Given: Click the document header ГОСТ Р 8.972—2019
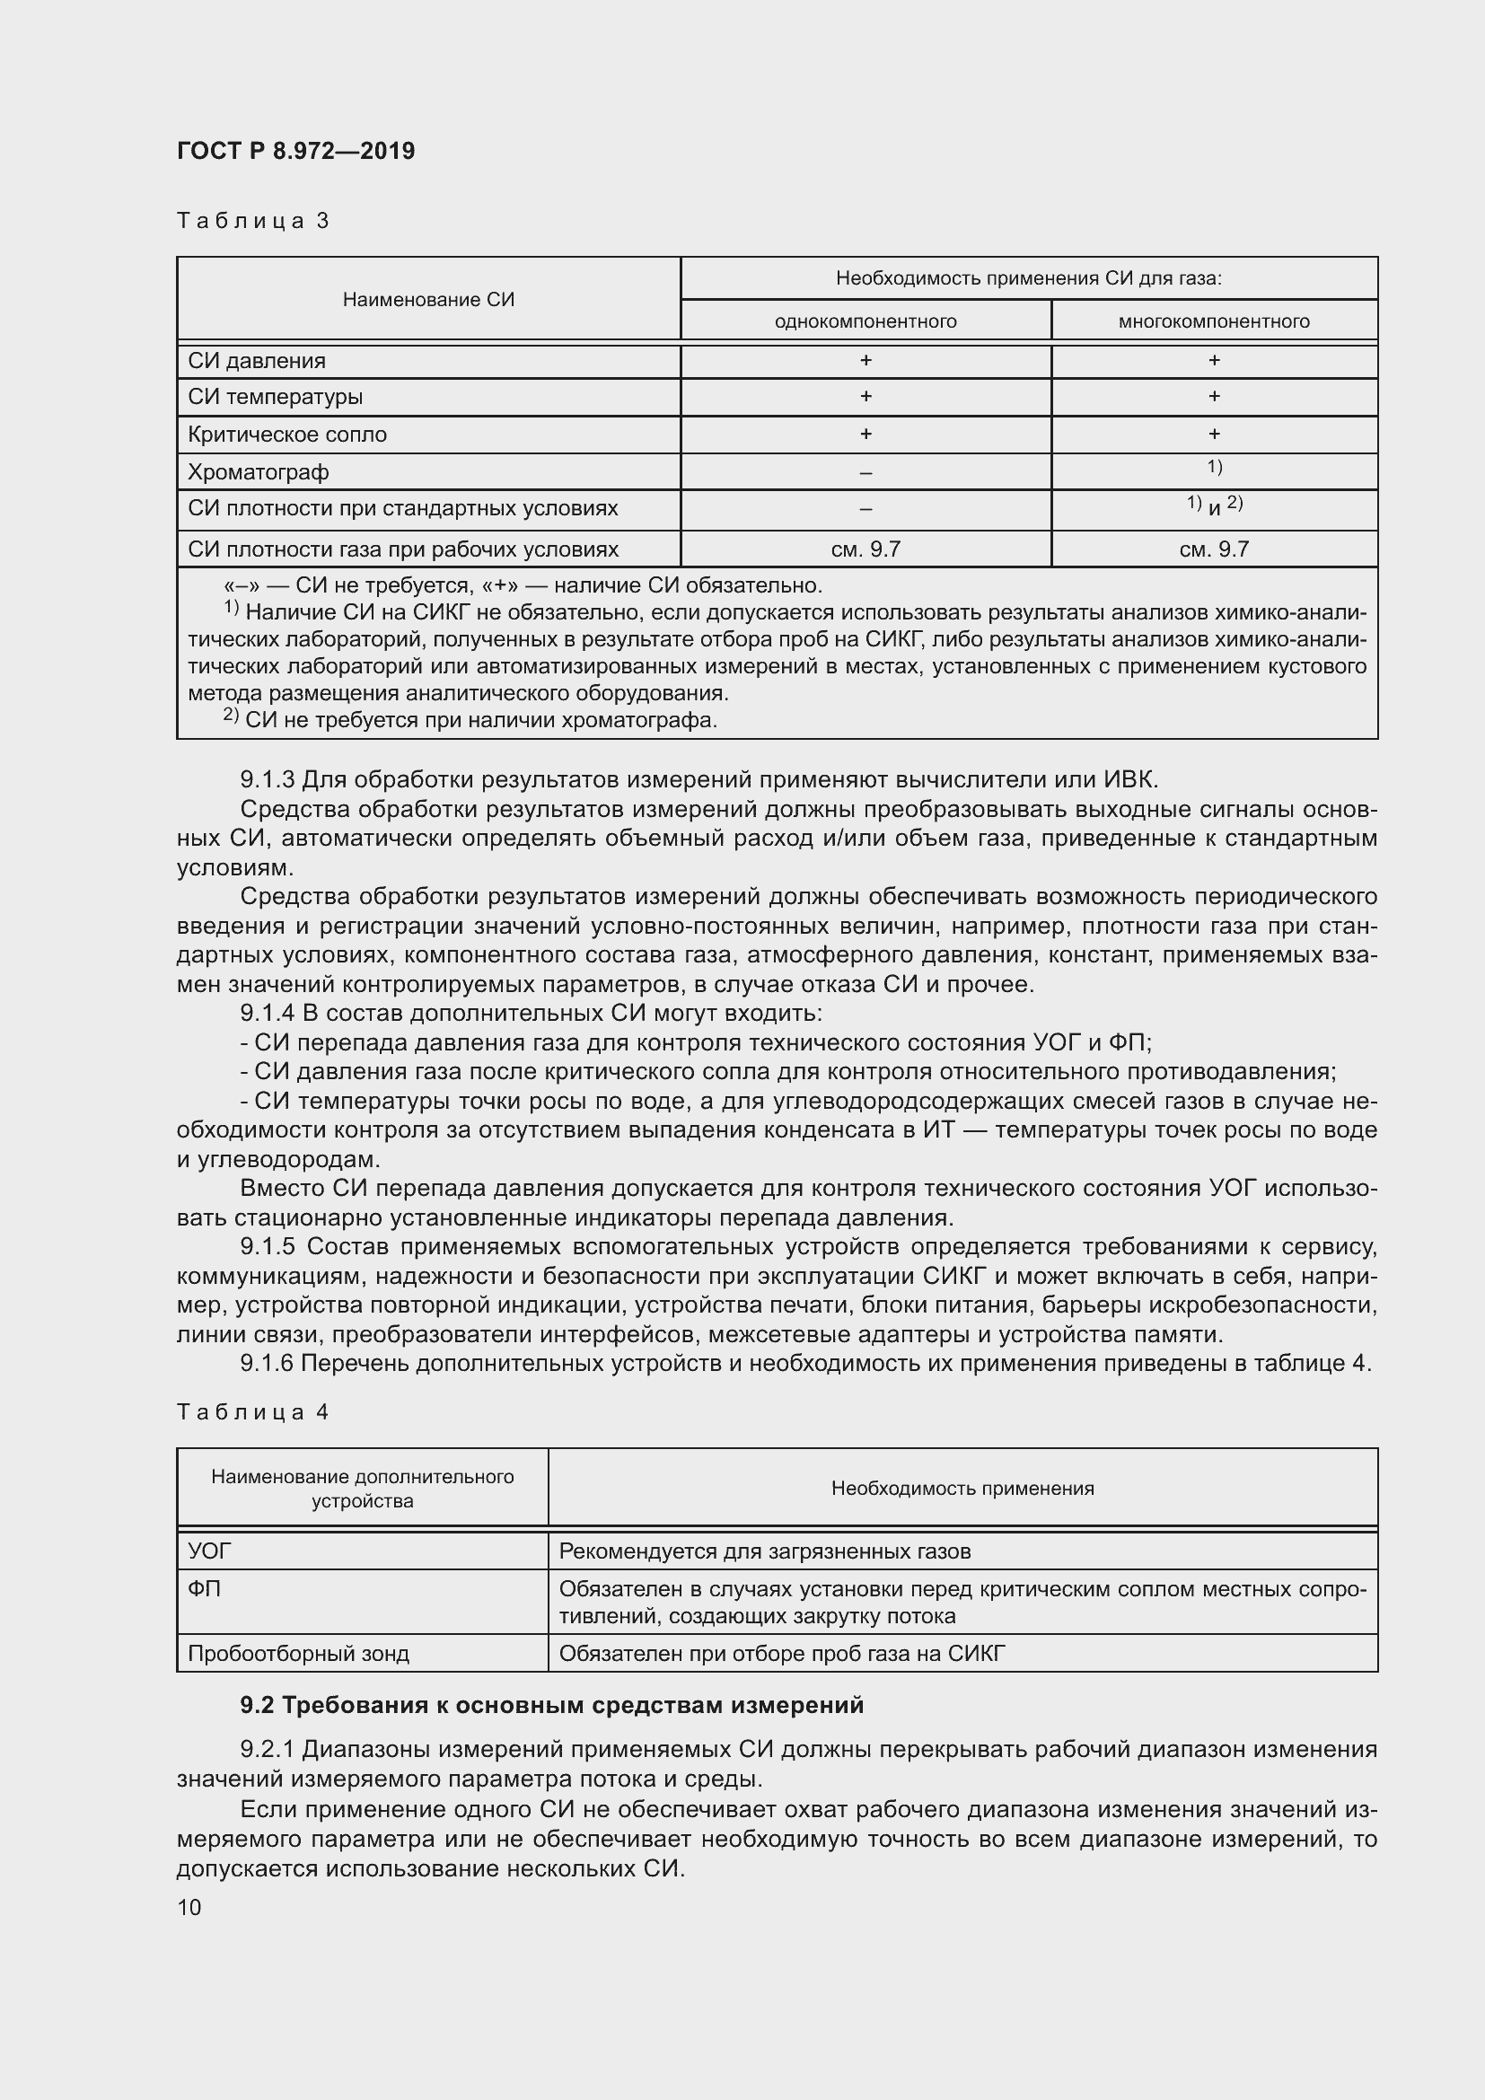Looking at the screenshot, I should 295,151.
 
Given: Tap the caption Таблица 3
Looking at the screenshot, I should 252,221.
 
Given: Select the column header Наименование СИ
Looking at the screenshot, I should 428,300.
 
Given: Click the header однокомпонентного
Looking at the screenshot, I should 865,321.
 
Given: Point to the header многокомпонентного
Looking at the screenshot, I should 1214,321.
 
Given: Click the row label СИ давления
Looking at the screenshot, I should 256,360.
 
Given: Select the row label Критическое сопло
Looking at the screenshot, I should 287,435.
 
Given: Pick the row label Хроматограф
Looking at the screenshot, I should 258,472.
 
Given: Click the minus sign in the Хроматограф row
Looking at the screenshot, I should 865,473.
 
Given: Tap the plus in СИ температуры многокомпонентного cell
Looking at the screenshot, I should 1214,396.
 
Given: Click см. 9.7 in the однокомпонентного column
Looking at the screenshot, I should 865,549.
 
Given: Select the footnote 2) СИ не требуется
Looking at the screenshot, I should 470,720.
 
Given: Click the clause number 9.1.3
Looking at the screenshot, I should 267,779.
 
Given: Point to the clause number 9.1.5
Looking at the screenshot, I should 267,1247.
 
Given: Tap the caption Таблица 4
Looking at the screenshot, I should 252,1412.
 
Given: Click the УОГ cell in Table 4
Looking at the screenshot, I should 209,1551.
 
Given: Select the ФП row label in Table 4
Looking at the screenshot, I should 204,1590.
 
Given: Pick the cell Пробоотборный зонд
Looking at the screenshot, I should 298,1654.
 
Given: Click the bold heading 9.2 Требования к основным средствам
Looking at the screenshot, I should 551,1705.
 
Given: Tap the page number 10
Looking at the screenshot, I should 189,1907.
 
